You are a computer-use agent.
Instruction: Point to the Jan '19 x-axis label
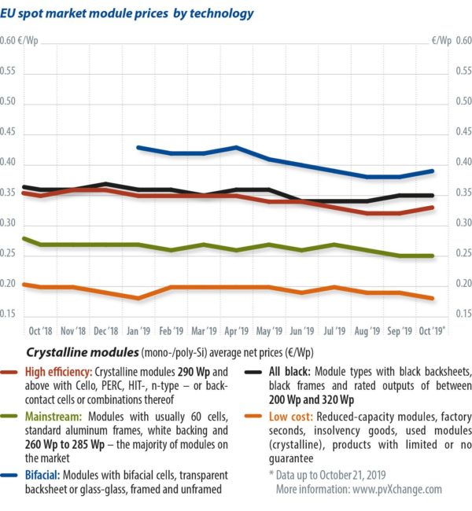[x=138, y=331]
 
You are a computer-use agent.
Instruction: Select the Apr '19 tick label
[x=237, y=331]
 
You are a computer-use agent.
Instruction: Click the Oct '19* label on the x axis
[x=432, y=331]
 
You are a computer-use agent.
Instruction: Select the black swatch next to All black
[x=253, y=370]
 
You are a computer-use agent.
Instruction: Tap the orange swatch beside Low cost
[x=253, y=413]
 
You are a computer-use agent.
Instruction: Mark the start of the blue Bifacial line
[x=138, y=147]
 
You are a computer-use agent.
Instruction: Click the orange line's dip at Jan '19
[x=138, y=298]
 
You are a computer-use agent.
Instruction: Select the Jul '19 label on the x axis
[x=334, y=331]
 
